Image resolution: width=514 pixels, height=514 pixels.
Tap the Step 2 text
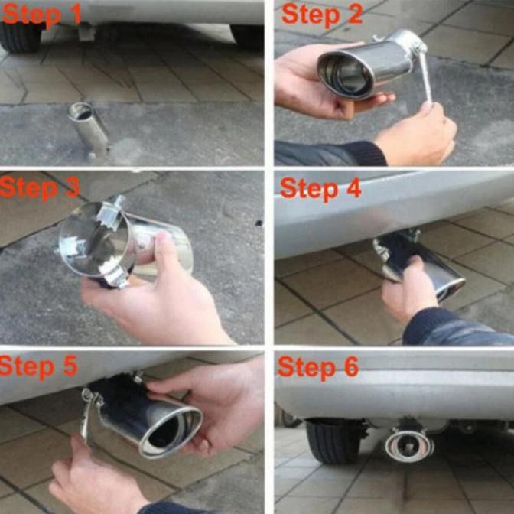[322, 15]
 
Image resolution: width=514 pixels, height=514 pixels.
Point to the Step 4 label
[320, 187]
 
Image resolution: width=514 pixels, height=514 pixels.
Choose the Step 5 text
[39, 366]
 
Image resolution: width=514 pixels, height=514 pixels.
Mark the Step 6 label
[318, 367]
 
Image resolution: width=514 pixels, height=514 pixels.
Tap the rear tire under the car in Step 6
[328, 441]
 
